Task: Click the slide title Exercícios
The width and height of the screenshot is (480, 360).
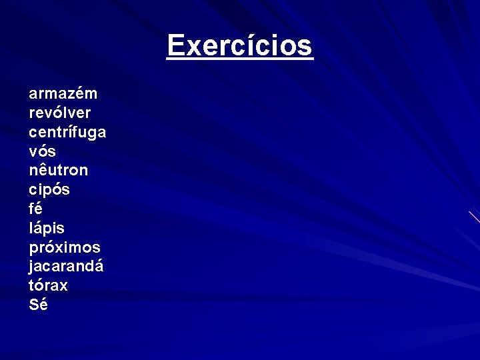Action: pyautogui.click(x=240, y=46)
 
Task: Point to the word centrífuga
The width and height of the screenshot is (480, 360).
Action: pyautogui.click(x=67, y=133)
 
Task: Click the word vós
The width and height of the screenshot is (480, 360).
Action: pyautogui.click(x=43, y=151)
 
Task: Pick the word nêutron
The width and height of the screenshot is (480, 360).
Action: pyautogui.click(x=58, y=170)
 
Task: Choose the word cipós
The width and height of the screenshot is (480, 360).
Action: pyautogui.click(x=49, y=190)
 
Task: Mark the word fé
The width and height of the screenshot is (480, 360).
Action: pyautogui.click(x=36, y=209)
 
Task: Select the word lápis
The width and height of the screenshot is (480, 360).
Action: pyautogui.click(x=47, y=228)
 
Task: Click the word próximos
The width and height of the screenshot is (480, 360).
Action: pyautogui.click(x=65, y=247)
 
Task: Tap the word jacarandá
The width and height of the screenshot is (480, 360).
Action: pyautogui.click(x=67, y=267)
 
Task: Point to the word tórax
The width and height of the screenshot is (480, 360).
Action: pyautogui.click(x=49, y=285)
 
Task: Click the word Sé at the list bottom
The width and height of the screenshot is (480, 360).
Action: pyautogui.click(x=39, y=305)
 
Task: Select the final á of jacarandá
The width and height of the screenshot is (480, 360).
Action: pyautogui.click(x=99, y=266)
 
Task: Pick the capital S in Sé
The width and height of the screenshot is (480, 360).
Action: pyautogui.click(x=34, y=305)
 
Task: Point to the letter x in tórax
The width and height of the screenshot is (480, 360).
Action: pyautogui.click(x=63, y=286)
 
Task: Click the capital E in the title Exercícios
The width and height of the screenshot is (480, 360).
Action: pyautogui.click(x=175, y=46)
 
